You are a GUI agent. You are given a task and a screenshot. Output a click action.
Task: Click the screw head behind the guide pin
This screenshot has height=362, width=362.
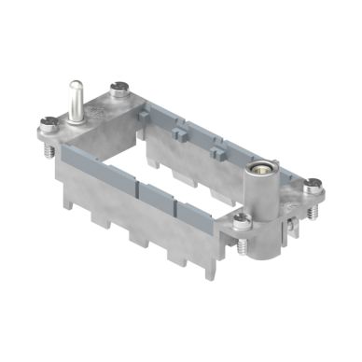coord(118,90)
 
